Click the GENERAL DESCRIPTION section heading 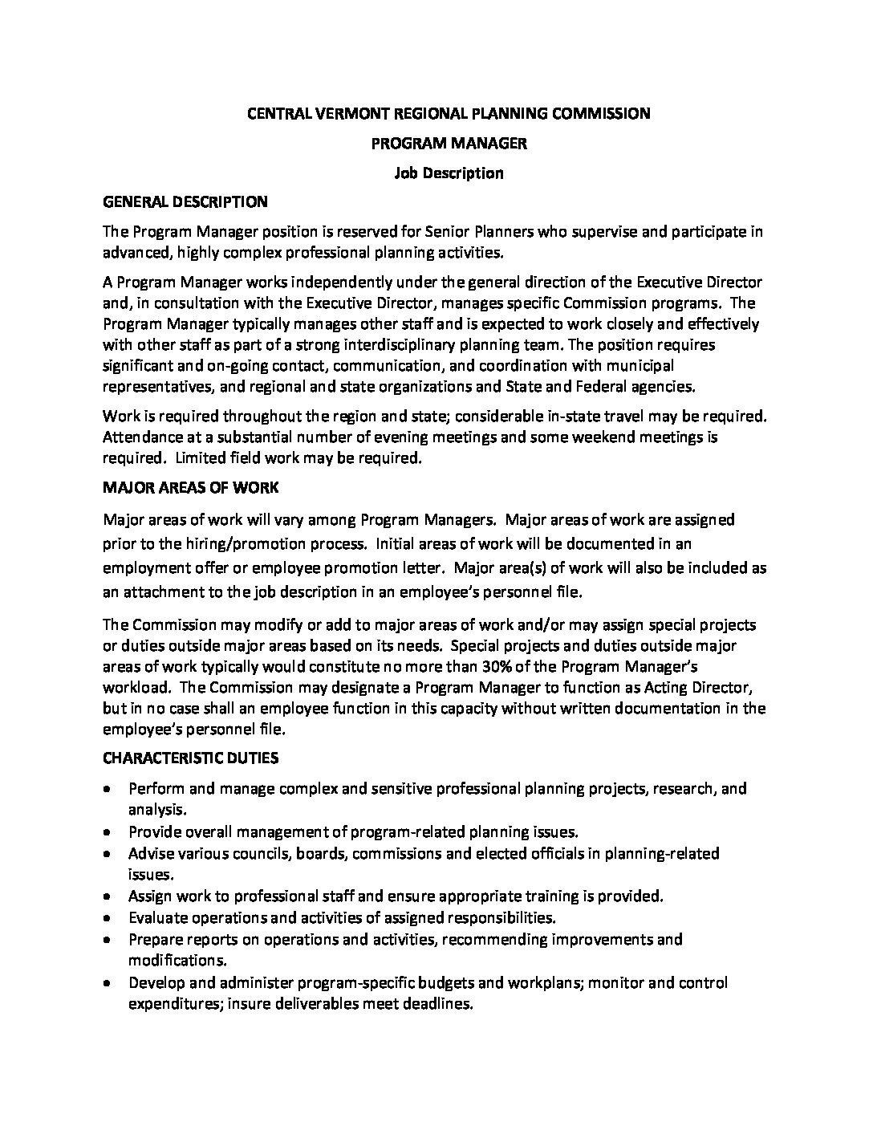click(x=185, y=201)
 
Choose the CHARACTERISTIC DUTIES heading click(x=191, y=758)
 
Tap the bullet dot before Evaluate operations click(x=108, y=917)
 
